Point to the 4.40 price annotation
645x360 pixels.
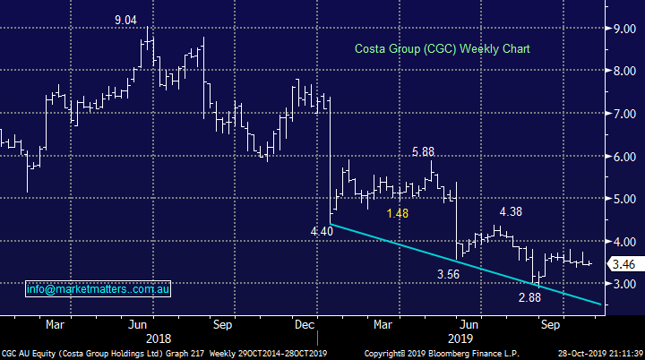[322, 230]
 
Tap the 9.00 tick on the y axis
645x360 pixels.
[618, 29]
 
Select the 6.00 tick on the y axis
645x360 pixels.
[618, 157]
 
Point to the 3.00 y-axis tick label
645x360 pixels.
[618, 284]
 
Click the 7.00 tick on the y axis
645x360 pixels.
[618, 114]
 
